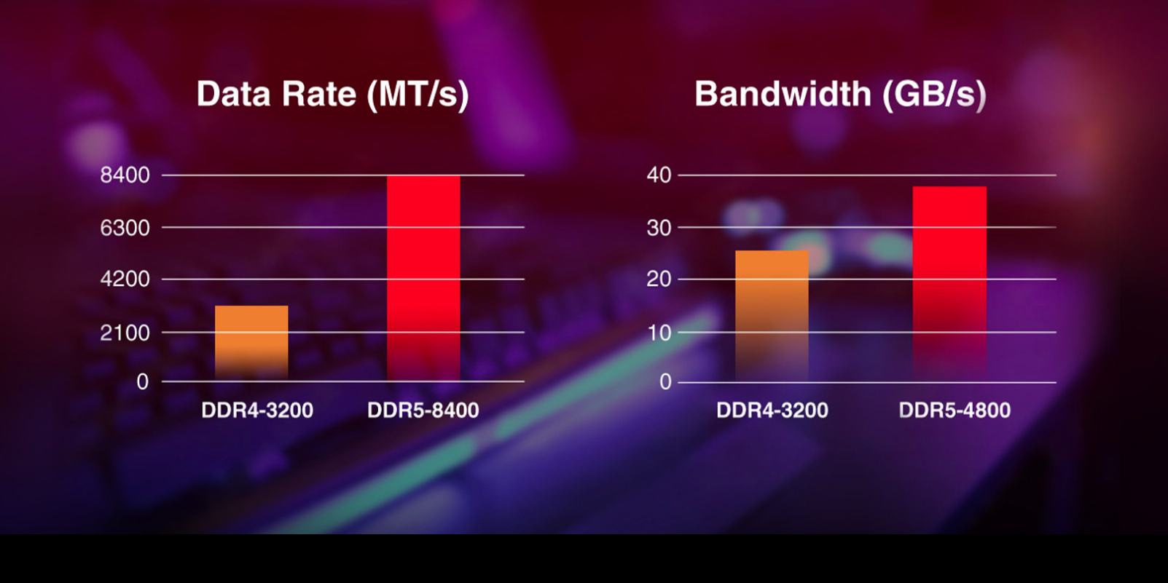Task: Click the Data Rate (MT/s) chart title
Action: click(332, 95)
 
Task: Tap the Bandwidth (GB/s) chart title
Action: click(840, 95)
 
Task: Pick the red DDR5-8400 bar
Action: click(423, 277)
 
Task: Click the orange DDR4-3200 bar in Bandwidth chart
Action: click(772, 315)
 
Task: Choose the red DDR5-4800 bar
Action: click(949, 283)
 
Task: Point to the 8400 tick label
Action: click(125, 175)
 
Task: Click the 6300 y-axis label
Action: click(125, 229)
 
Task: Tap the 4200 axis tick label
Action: click(125, 279)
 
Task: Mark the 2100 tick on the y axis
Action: click(125, 333)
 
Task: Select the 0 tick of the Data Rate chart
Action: click(142, 382)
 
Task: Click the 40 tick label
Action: click(659, 175)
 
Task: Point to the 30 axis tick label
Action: click(659, 229)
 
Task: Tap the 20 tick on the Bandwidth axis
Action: click(659, 279)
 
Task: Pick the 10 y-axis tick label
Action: click(659, 333)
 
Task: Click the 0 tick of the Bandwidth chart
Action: click(665, 382)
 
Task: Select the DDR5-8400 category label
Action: click(423, 411)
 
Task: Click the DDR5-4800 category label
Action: click(955, 411)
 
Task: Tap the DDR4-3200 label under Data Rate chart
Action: click(257, 411)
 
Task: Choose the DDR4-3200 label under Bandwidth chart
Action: click(772, 411)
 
